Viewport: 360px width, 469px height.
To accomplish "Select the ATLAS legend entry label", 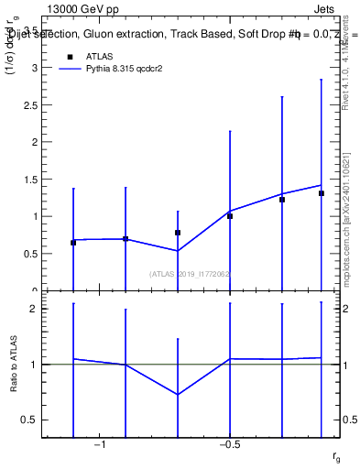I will click(x=99, y=56).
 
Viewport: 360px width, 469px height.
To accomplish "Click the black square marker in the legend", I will click(x=68, y=56).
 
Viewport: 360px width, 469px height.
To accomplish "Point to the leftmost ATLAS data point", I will click(x=73, y=243).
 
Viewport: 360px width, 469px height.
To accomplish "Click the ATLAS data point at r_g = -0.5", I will click(x=230, y=216).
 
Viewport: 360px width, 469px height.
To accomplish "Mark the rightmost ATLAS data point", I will click(x=322, y=193).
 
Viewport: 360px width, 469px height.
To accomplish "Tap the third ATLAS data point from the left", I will click(x=178, y=233).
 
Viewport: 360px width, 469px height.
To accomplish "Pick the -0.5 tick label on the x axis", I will click(x=229, y=444).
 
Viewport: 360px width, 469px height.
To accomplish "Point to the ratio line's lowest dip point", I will click(x=178, y=395).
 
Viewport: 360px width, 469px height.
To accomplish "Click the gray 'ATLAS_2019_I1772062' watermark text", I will click(x=190, y=273).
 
